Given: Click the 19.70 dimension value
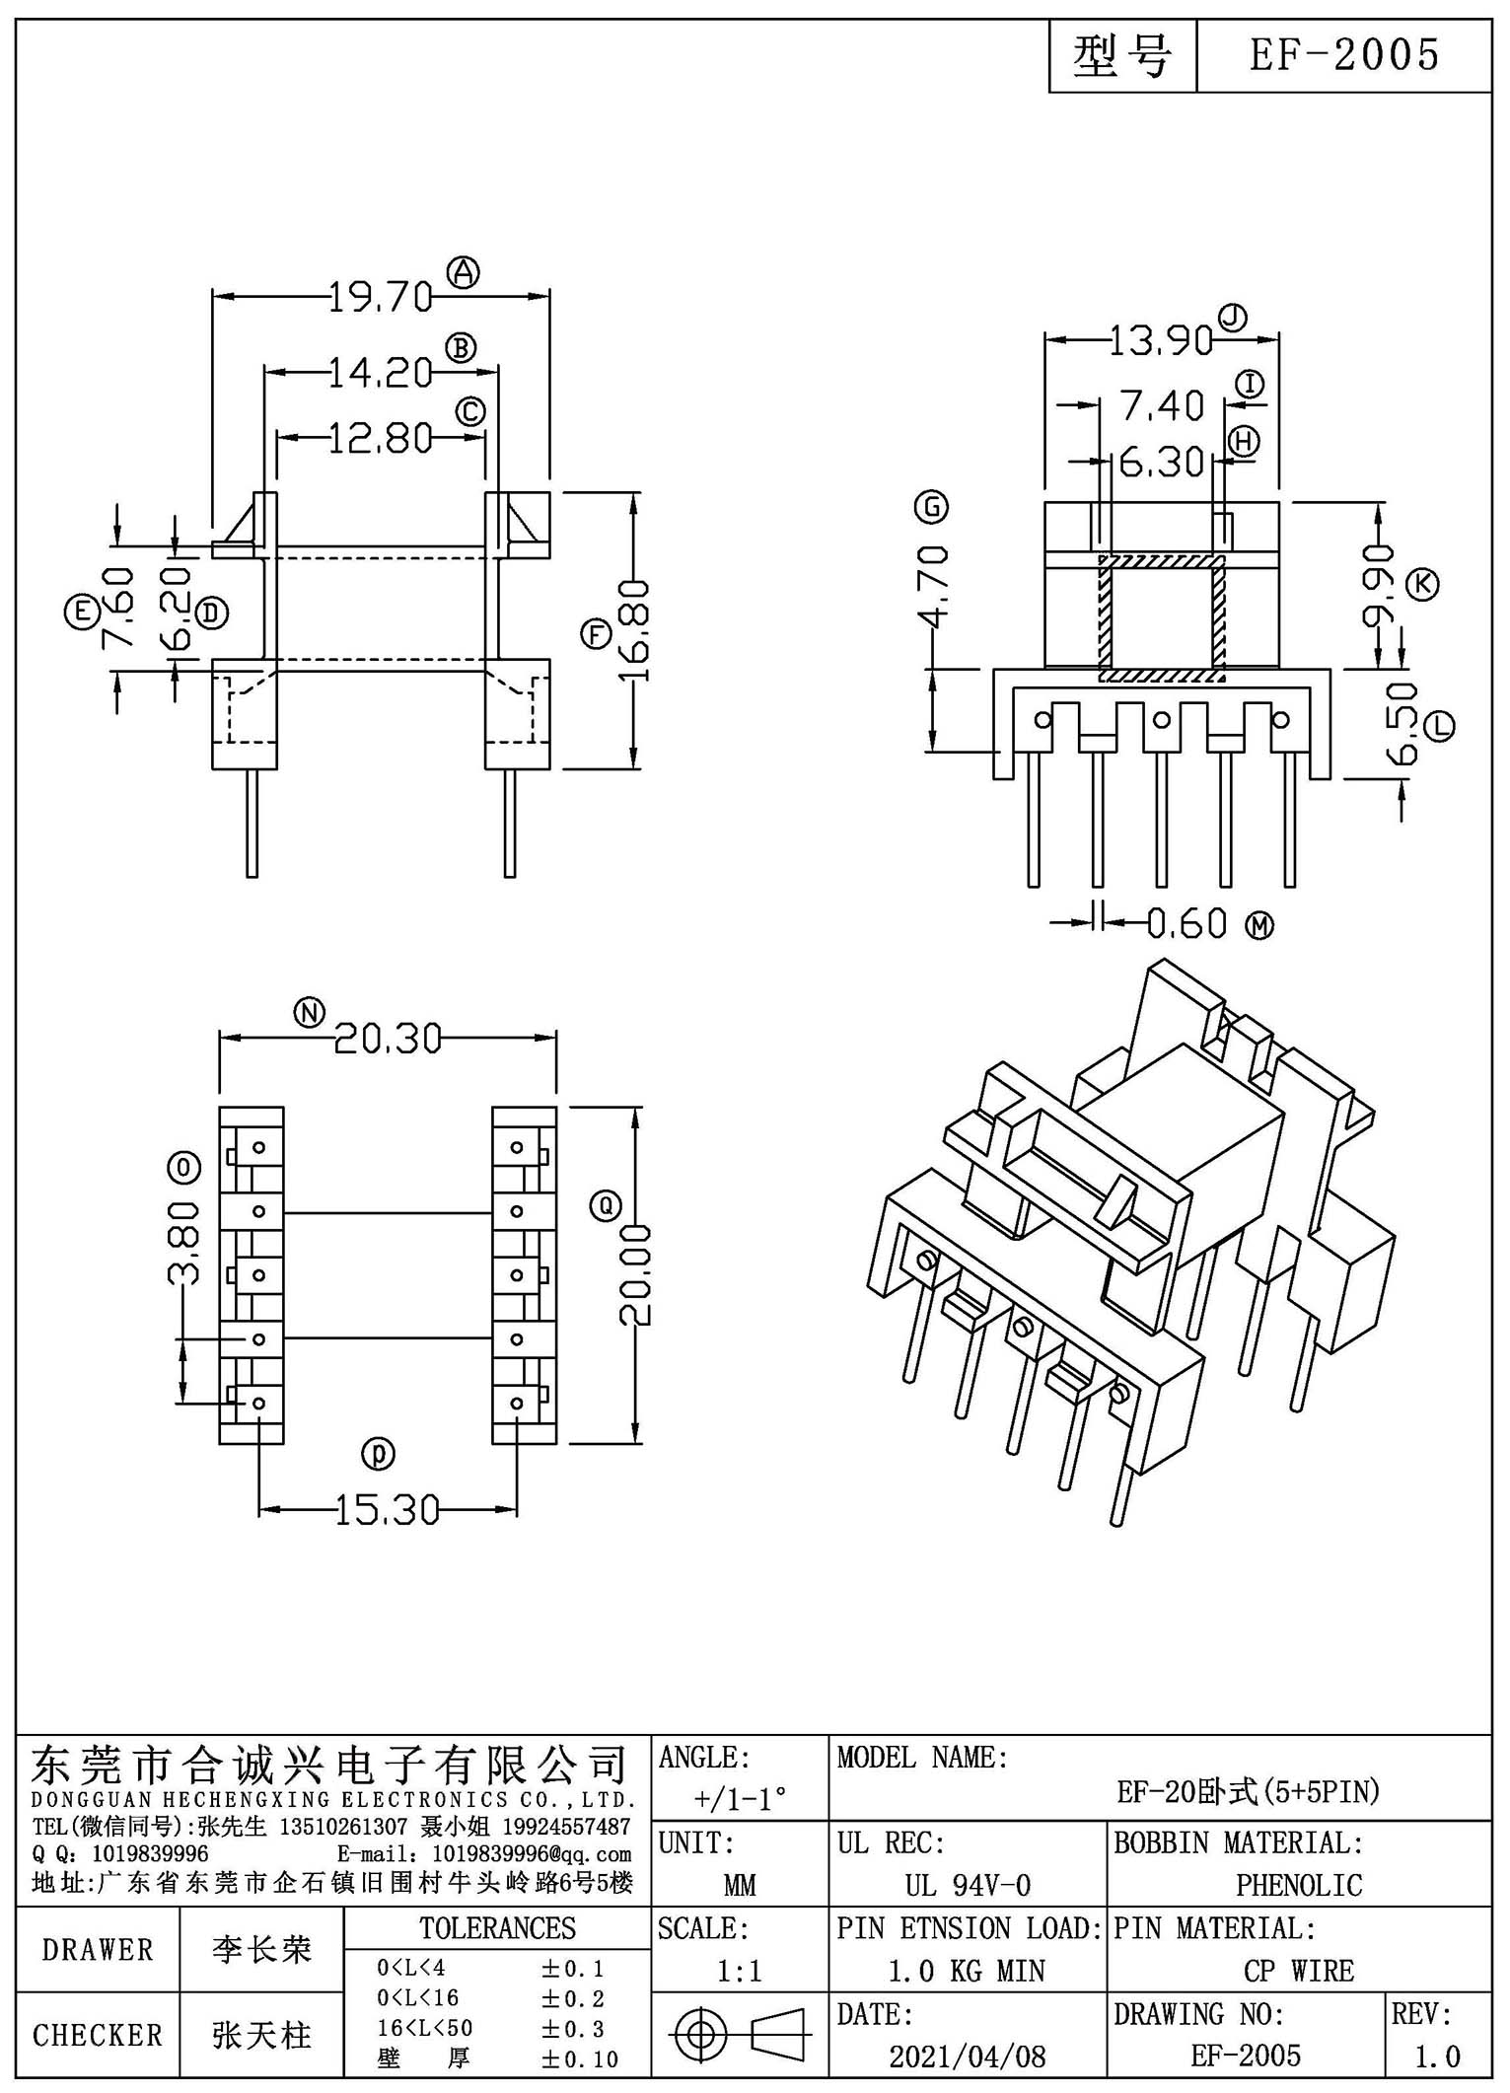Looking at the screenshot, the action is pyautogui.click(x=380, y=296).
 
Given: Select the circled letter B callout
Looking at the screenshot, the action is pyautogui.click(x=461, y=348).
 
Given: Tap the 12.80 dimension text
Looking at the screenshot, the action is pyautogui.click(x=380, y=438).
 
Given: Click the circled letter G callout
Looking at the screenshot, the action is pyautogui.click(x=932, y=507).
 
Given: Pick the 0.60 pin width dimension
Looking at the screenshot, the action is pyautogui.click(x=1187, y=923).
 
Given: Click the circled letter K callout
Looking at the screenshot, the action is pyautogui.click(x=1423, y=584).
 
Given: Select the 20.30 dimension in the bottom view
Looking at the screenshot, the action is pyautogui.click(x=388, y=1039).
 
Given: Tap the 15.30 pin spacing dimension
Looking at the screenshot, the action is pyautogui.click(x=388, y=1510).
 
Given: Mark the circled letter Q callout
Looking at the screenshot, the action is pyautogui.click(x=605, y=1204).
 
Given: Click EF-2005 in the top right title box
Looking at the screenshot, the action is pyautogui.click(x=1344, y=55).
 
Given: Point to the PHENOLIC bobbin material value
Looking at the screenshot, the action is pyautogui.click(x=1299, y=1885).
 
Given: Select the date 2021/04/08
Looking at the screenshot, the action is pyautogui.click(x=967, y=2056).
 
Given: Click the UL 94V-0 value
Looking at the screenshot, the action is pyautogui.click(x=968, y=1885).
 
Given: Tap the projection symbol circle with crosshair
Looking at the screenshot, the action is pyautogui.click(x=699, y=2034).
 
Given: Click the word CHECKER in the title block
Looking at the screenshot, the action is pyautogui.click(x=98, y=2035).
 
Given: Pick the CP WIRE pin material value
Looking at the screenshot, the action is pyautogui.click(x=1299, y=1970).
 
